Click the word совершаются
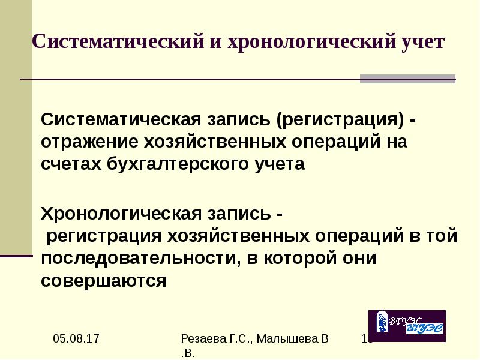pyautogui.click(x=103, y=280)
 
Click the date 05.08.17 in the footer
pyautogui.click(x=75, y=340)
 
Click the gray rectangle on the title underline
pyautogui.click(x=407, y=79)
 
